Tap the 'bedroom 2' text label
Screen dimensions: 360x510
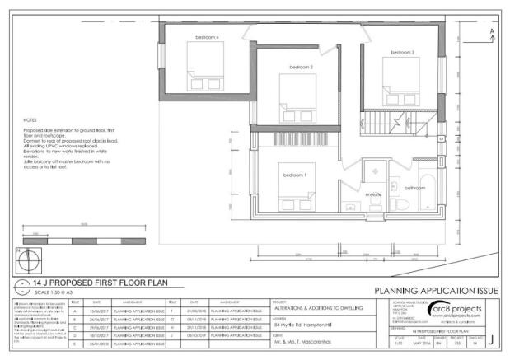coord(301,67)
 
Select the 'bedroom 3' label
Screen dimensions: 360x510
coord(402,52)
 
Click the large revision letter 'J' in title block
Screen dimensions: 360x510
coord(490,339)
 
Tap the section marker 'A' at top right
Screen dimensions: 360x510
coord(492,31)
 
